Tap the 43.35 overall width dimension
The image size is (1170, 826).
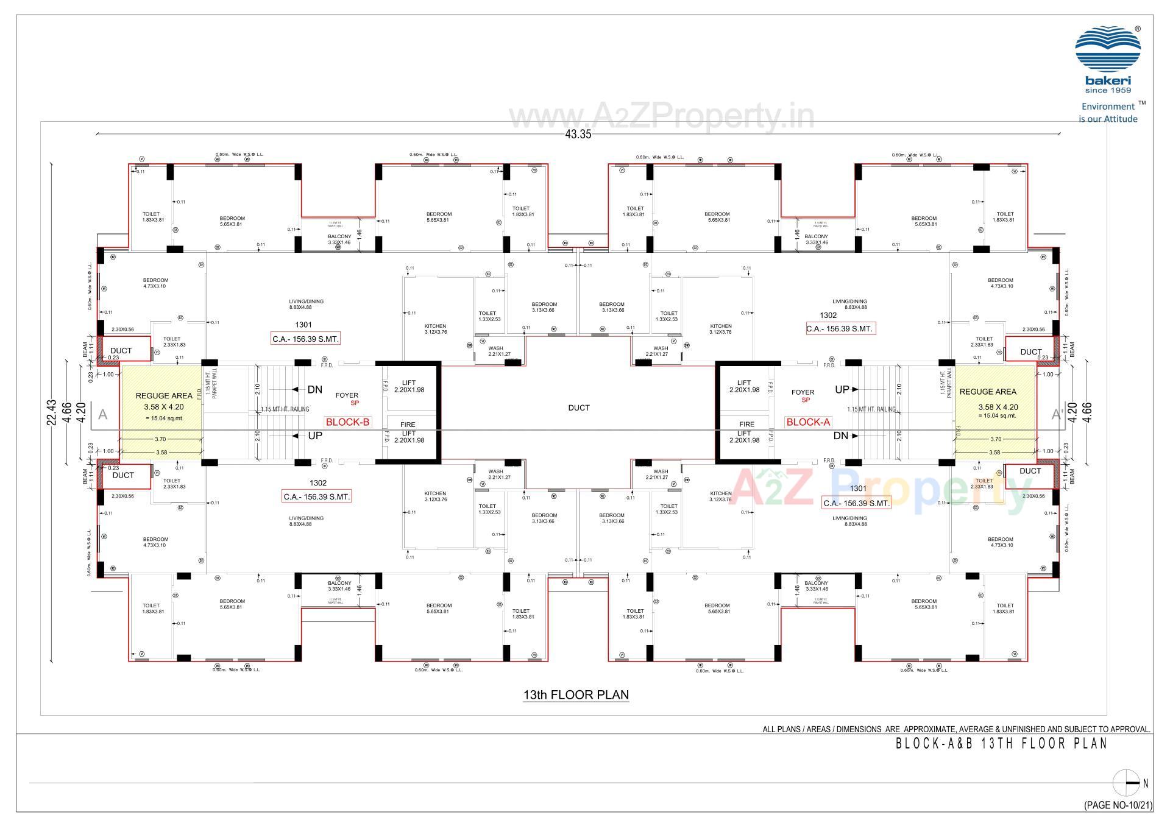(x=578, y=135)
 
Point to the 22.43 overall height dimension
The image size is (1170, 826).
(x=52, y=412)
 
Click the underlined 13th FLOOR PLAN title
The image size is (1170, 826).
(x=576, y=695)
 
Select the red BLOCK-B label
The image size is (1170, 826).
(x=347, y=422)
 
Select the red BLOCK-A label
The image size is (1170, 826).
(x=808, y=422)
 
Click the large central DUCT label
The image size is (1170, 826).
(x=578, y=408)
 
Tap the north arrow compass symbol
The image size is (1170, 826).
(x=1126, y=783)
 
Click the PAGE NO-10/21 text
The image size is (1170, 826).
(x=1118, y=805)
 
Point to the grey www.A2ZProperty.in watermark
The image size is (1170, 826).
(x=661, y=116)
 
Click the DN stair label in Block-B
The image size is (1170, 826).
(x=315, y=390)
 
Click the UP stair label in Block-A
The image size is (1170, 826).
(x=842, y=390)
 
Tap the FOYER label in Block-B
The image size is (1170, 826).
(x=347, y=395)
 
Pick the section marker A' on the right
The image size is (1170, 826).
(x=1057, y=415)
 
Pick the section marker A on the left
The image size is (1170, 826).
(x=102, y=415)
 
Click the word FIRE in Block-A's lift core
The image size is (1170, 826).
(x=746, y=425)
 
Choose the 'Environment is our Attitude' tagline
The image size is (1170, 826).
(x=1108, y=113)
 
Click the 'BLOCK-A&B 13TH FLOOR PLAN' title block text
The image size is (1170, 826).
(x=1001, y=744)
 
